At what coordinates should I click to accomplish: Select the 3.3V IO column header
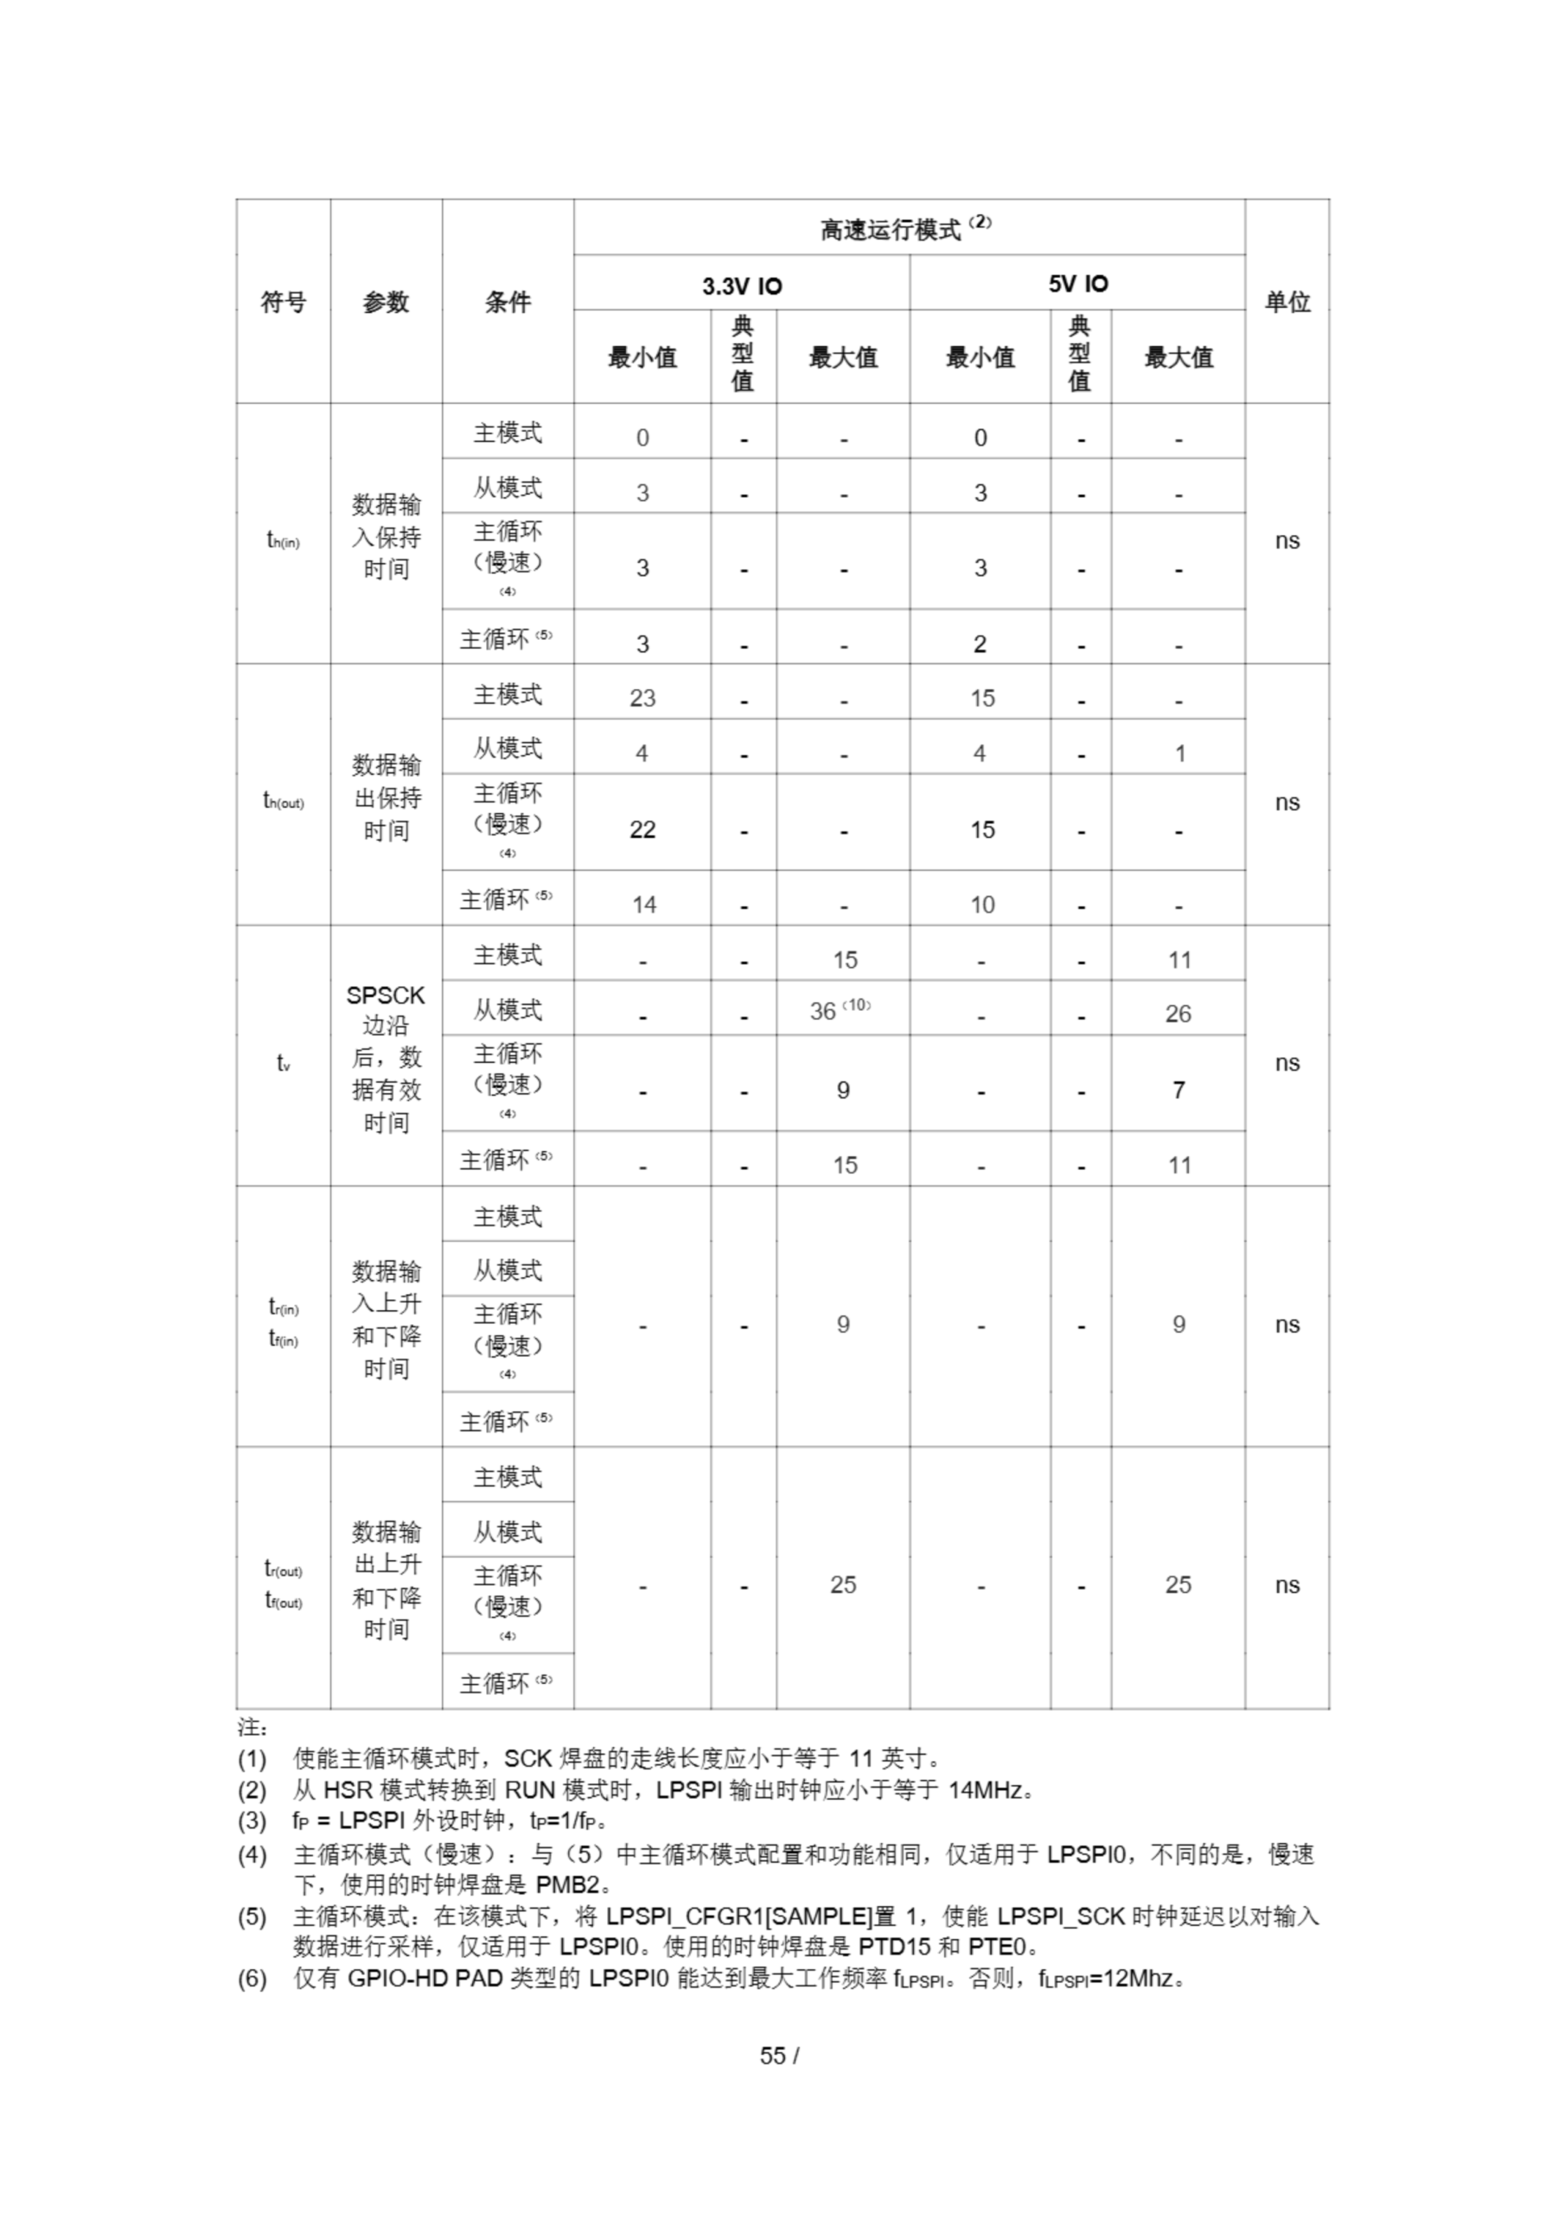point(742,285)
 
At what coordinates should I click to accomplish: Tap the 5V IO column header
point(1078,284)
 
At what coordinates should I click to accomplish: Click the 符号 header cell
point(284,302)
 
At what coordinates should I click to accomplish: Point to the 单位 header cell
point(1287,302)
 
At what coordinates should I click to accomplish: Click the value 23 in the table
point(642,698)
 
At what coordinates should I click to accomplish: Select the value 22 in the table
point(642,829)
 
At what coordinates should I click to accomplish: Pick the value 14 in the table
point(643,905)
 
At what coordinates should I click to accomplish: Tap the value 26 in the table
point(1178,1014)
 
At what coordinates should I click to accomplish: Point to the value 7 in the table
point(1178,1090)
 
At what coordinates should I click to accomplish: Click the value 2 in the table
point(980,644)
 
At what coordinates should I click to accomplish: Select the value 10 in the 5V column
point(981,905)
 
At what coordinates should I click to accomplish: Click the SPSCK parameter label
point(386,995)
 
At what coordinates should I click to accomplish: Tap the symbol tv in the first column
point(284,1063)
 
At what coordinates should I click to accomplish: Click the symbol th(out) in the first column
point(284,802)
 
